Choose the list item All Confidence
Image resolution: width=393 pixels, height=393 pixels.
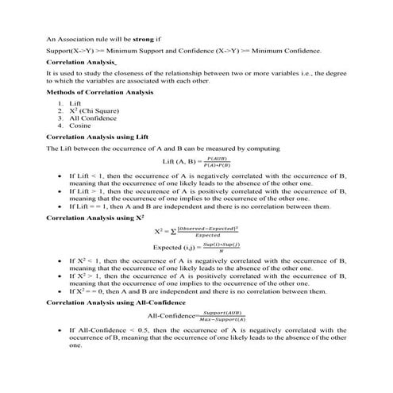(x=95, y=118)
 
